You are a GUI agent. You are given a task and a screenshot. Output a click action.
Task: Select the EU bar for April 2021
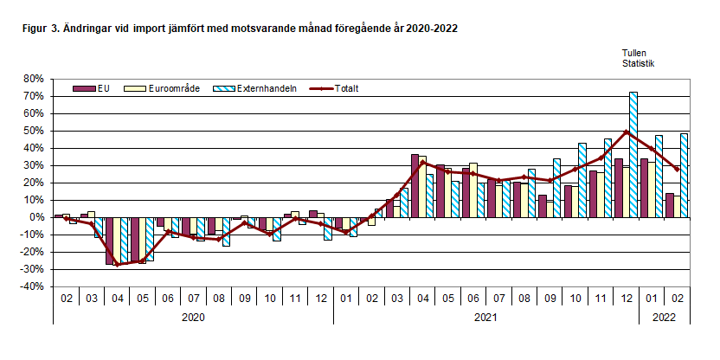pyautogui.click(x=415, y=185)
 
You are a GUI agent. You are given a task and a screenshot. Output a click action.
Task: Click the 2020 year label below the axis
pyautogui.click(x=193, y=318)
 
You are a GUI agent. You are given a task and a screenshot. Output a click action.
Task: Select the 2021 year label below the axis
pyautogui.click(x=485, y=318)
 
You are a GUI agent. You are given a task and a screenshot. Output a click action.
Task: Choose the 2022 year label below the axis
pyautogui.click(x=664, y=318)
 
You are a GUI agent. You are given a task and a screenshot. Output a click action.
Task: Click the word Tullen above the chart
pyautogui.click(x=635, y=53)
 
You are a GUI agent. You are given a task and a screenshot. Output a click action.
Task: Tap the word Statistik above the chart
pyautogui.click(x=639, y=63)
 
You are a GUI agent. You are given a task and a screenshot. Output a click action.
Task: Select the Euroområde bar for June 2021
pyautogui.click(x=472, y=190)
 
